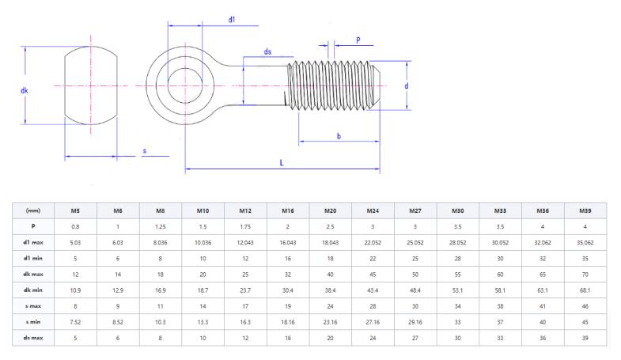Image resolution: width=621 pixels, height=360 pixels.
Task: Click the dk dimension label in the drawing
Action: click(x=24, y=90)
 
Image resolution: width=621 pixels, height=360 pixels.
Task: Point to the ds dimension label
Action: click(x=268, y=52)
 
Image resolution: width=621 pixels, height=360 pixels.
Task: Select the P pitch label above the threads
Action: click(x=358, y=39)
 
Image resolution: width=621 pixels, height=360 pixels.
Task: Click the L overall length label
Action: click(x=282, y=162)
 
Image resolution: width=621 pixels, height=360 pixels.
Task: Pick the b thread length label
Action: click(x=339, y=136)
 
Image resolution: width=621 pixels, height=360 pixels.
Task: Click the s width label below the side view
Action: click(x=144, y=150)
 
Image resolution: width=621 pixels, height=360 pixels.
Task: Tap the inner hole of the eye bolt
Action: click(x=184, y=83)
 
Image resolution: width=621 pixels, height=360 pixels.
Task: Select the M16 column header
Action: click(x=287, y=210)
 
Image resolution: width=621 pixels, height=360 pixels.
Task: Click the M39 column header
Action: click(x=585, y=210)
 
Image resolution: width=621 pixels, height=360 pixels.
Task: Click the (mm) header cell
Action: click(x=32, y=210)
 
